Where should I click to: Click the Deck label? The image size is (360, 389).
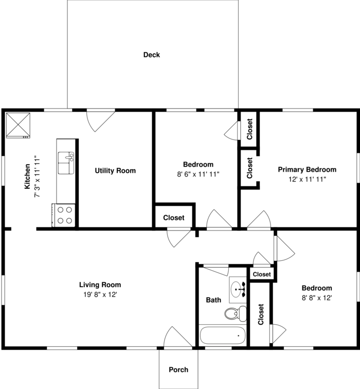(152, 55)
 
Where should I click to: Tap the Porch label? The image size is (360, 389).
(178, 369)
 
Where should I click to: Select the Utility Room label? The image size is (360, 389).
(115, 171)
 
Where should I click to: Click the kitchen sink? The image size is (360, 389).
(66, 163)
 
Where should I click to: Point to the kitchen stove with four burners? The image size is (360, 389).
(63, 215)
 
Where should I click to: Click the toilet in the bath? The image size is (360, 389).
(236, 313)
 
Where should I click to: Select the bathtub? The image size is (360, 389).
(223, 335)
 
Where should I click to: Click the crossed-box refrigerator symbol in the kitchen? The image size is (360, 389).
(18, 125)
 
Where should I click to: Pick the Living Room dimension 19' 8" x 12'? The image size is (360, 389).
(100, 295)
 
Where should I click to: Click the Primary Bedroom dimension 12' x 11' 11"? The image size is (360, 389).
(307, 180)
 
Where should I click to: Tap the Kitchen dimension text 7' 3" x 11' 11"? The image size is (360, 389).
(37, 176)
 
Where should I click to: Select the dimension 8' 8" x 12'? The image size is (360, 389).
(317, 298)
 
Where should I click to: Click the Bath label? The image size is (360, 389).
(213, 300)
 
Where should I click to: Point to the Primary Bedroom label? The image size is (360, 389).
(307, 170)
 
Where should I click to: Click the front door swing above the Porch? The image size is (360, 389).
(178, 337)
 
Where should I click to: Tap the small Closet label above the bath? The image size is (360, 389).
(262, 274)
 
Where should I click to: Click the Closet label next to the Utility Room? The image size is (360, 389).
(174, 218)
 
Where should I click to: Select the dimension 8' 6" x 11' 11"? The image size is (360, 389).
(199, 174)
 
